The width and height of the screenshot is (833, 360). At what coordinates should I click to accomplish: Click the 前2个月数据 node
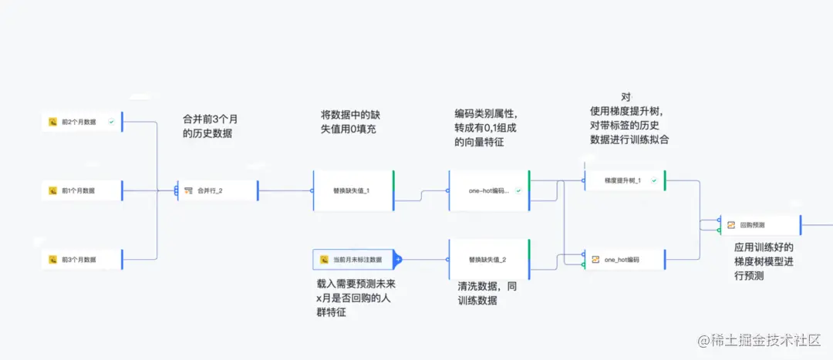82,121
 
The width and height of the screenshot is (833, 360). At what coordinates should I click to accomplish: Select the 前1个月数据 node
82,190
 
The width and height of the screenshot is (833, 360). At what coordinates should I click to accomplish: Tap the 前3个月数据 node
82,259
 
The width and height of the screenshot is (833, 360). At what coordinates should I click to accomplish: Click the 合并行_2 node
217,190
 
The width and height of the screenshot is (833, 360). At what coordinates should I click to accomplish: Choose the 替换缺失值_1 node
352,190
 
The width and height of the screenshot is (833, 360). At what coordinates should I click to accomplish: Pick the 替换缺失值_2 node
488,259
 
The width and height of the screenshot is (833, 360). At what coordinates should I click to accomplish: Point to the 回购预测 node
759,225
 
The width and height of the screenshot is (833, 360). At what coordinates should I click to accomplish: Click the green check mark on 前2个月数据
112,121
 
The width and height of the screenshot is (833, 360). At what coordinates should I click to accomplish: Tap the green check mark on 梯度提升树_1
654,180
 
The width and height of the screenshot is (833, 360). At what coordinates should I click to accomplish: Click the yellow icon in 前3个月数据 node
53,260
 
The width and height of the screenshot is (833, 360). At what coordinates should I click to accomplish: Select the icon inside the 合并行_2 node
188,190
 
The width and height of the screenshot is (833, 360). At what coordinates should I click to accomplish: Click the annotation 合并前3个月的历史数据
211,126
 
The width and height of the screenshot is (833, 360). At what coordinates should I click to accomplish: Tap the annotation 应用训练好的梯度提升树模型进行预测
764,261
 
